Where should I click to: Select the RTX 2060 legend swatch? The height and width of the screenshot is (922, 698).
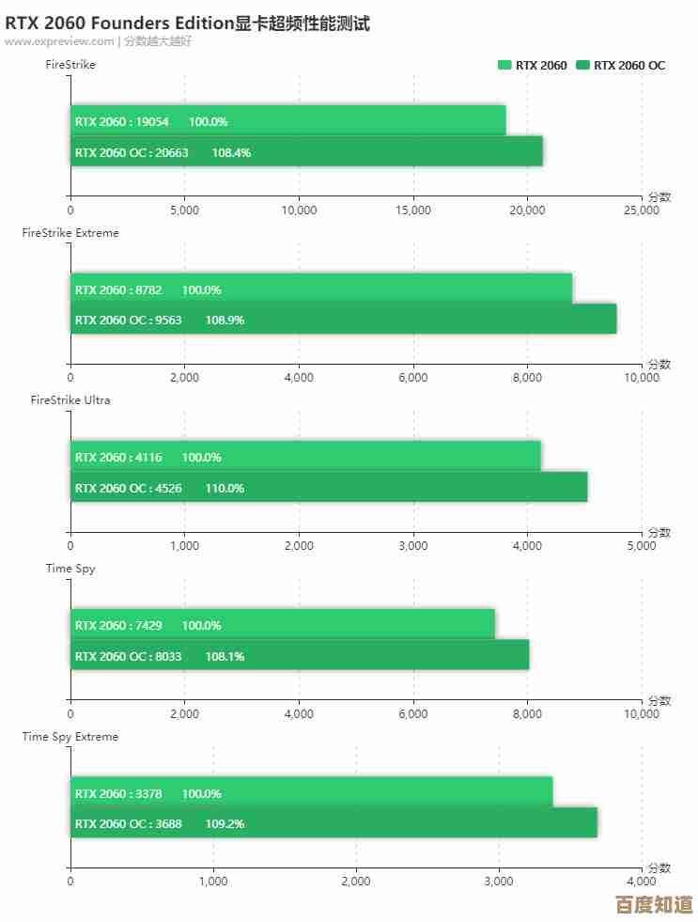(504, 65)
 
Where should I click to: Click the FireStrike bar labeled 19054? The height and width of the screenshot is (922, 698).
(287, 121)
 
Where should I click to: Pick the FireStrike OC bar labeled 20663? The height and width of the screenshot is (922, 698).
(306, 152)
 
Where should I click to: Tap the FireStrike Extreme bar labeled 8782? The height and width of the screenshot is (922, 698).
(321, 289)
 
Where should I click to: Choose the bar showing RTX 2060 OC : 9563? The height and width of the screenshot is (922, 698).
(343, 320)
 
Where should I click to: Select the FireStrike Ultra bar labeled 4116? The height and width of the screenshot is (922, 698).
(305, 457)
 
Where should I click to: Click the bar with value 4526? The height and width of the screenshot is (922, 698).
(329, 488)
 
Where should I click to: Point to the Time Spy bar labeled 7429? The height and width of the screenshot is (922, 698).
(282, 625)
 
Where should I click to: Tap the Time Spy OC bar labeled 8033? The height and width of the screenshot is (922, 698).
(300, 656)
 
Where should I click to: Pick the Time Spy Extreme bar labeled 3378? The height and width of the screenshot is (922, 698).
(311, 793)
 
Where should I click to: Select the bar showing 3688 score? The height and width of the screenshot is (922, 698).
(333, 823)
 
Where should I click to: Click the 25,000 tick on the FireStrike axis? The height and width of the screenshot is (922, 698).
(642, 211)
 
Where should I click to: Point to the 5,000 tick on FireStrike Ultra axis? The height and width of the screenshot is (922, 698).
(642, 546)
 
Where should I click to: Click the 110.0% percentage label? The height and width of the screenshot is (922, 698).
(225, 488)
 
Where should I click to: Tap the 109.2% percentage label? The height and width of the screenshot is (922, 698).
(225, 823)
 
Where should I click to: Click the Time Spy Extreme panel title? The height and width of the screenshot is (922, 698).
(70, 737)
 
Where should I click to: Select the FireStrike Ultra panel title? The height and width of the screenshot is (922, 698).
(70, 400)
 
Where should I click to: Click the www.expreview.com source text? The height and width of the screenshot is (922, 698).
(58, 41)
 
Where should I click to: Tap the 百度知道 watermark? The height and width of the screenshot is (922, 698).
(654, 905)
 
